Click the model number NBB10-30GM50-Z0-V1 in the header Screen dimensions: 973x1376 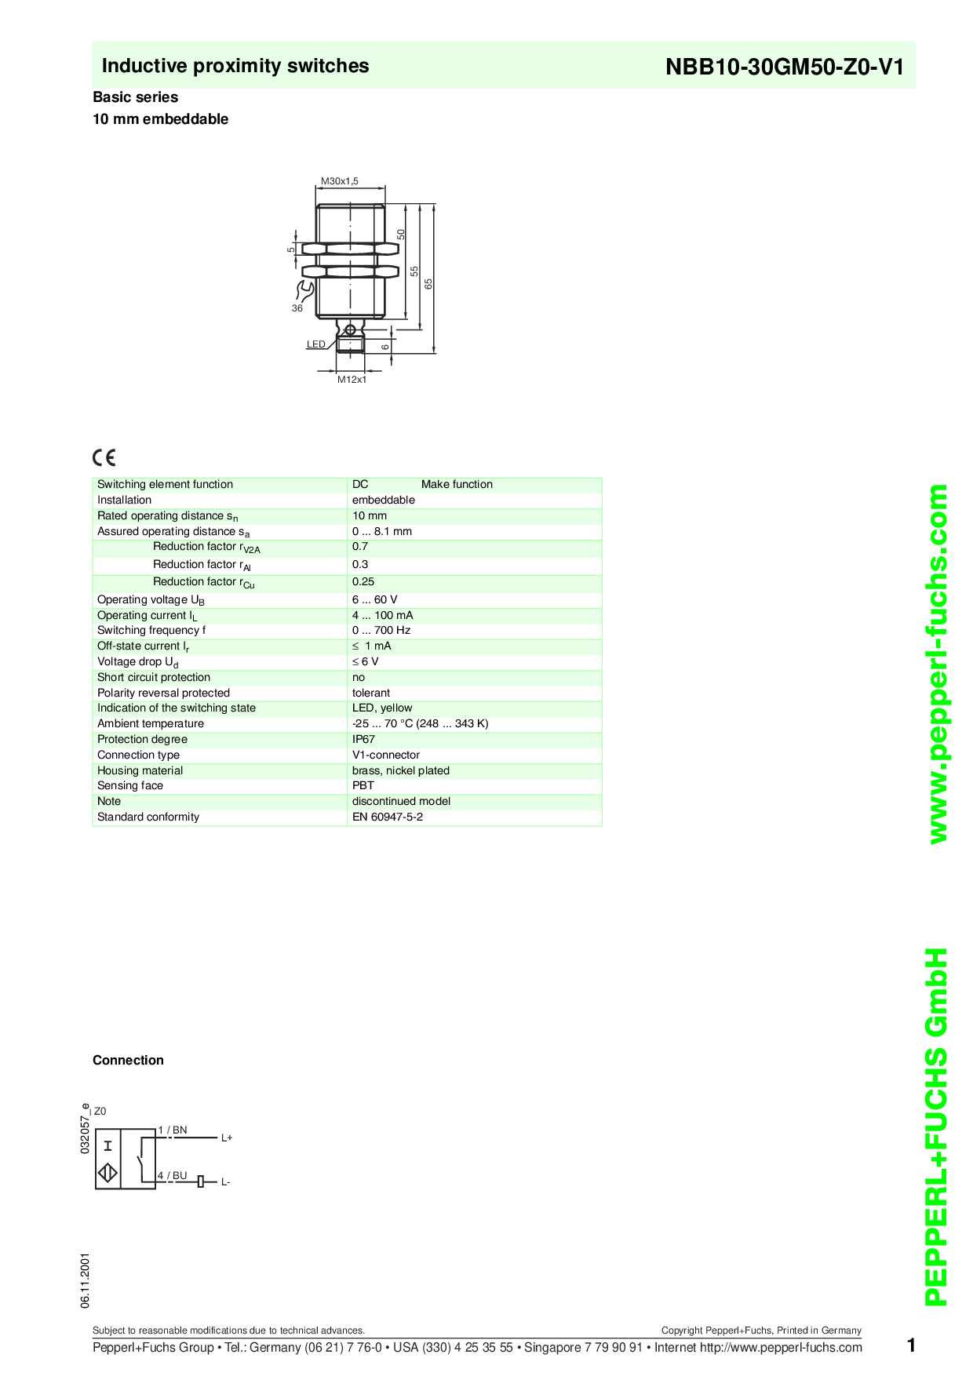click(785, 67)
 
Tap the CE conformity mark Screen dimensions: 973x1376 click(104, 458)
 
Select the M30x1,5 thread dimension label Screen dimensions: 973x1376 click(340, 181)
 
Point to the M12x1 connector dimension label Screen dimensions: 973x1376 click(352, 380)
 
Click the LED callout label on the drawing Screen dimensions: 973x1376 click(316, 344)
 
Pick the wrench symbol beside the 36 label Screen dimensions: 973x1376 click(302, 291)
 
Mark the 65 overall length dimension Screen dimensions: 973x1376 click(429, 283)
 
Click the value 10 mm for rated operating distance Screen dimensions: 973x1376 click(370, 515)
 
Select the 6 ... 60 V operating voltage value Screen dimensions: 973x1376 click(375, 599)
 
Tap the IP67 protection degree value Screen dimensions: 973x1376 click(363, 739)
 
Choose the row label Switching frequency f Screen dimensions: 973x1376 click(151, 630)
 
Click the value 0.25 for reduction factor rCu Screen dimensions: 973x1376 click(363, 581)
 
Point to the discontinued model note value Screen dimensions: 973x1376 click(401, 801)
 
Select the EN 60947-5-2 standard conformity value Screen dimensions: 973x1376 click(388, 817)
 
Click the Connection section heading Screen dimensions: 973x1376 click(128, 1060)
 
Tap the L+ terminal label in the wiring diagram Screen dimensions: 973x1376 click(227, 1138)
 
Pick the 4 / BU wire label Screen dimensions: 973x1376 click(173, 1175)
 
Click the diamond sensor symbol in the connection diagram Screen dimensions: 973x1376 click(108, 1173)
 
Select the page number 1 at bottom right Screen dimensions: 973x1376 click(911, 1345)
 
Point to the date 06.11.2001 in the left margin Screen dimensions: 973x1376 click(85, 1280)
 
